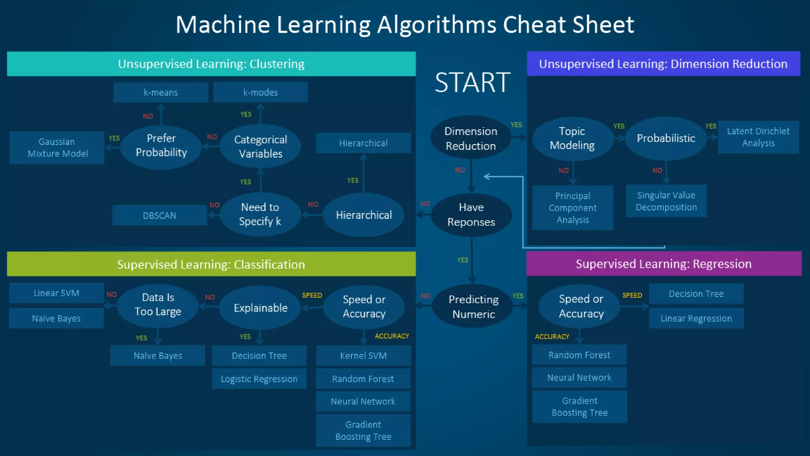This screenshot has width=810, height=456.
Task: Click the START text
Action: click(473, 83)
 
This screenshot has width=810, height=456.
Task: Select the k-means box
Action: click(161, 92)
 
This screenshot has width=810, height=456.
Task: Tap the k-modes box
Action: click(260, 92)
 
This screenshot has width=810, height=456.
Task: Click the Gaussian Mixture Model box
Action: click(57, 148)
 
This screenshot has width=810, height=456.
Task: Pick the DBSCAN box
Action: click(159, 215)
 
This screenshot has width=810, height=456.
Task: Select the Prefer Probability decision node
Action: click(161, 146)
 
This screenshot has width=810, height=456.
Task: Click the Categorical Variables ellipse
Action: click(260, 146)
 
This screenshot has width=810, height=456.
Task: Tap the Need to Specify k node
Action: click(260, 214)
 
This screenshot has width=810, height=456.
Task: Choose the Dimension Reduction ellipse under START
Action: click(470, 138)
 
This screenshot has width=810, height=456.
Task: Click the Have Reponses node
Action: click(471, 215)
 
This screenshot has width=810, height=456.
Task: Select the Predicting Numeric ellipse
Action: click(473, 306)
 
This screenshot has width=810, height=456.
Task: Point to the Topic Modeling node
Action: click(572, 138)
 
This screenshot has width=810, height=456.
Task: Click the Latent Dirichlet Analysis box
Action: click(758, 137)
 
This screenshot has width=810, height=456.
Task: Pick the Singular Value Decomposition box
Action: click(666, 201)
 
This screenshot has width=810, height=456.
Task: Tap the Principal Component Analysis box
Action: click(572, 208)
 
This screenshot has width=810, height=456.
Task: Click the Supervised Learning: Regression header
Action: click(664, 264)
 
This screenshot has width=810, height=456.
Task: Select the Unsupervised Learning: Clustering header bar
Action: click(211, 64)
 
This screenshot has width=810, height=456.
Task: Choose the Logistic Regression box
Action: click(259, 379)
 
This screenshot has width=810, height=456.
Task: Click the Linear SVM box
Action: click(56, 293)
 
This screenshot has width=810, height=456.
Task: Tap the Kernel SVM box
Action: click(363, 355)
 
